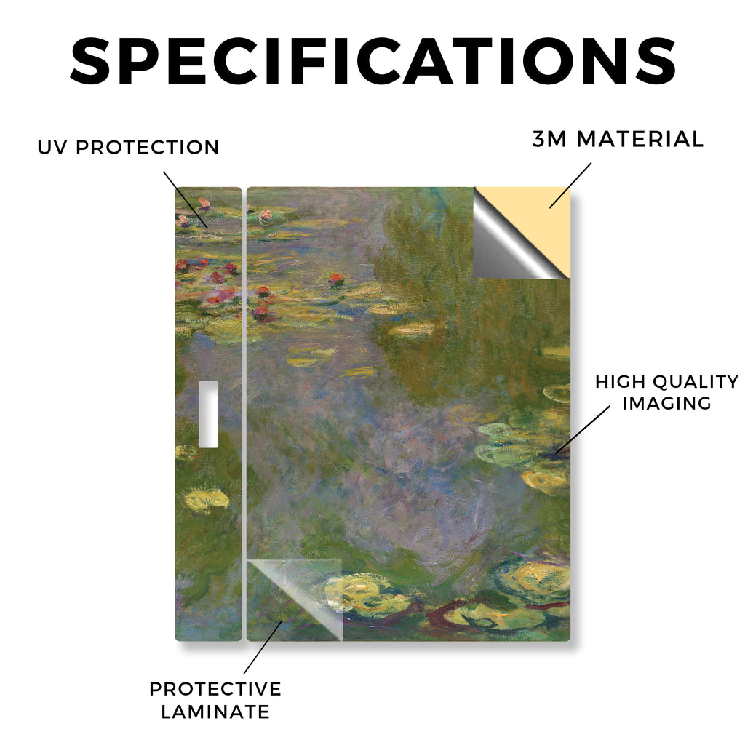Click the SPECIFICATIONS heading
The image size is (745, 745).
pos(373,61)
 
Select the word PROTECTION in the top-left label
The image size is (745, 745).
pos(147,147)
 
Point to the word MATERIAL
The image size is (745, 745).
pos(640,139)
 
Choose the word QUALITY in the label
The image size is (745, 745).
pos(696,381)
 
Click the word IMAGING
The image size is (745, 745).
pos(666,403)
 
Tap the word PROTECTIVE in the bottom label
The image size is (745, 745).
pos(215,689)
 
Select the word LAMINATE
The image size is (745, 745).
pos(215,712)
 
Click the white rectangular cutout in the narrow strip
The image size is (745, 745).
pos(208,414)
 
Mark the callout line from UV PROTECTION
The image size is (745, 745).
pos(186,199)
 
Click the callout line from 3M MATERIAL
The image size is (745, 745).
pos(570,186)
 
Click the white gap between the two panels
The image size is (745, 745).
pos(244,413)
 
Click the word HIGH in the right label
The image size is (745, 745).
pos(620,381)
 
